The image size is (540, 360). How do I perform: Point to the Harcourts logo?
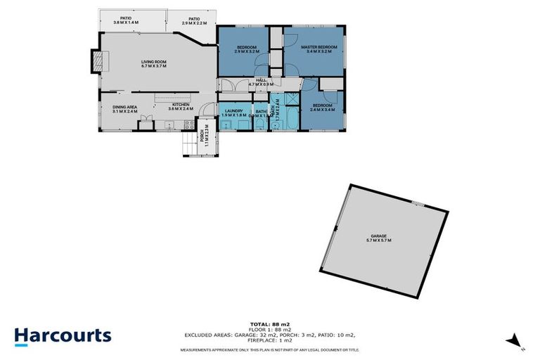(x=63, y=335)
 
